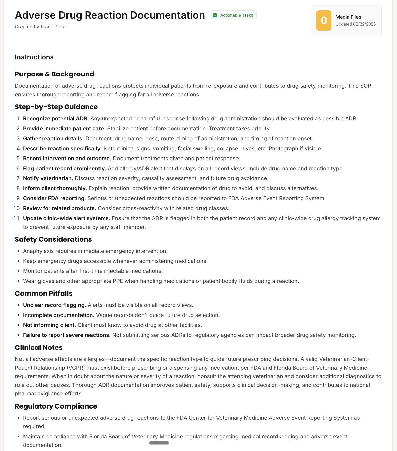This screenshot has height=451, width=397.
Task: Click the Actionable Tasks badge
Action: (233, 15)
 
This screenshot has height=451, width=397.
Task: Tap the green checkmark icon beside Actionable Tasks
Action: (215, 15)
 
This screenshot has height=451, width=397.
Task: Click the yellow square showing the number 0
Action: (324, 20)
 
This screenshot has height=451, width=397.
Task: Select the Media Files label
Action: (348, 17)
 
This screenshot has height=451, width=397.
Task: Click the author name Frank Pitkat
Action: (54, 27)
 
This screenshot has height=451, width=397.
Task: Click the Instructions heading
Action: (34, 57)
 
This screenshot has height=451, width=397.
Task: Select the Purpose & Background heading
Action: (54, 74)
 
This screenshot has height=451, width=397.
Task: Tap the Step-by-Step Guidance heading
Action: (56, 107)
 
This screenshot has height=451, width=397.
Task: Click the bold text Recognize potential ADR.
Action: (56, 119)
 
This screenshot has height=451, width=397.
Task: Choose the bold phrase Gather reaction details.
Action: (53, 139)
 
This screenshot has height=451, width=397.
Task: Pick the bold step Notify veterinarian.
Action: (48, 178)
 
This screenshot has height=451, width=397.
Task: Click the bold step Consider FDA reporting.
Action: (54, 198)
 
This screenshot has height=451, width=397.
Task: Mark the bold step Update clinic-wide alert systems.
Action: (66, 218)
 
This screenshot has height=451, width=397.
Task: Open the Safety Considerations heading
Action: (53, 239)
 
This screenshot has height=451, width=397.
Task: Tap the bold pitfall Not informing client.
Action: (49, 325)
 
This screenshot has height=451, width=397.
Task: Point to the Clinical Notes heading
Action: (38, 348)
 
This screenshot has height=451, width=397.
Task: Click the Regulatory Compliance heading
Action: (56, 406)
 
